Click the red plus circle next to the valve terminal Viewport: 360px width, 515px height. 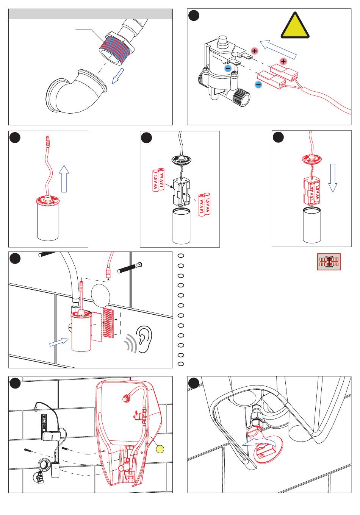[x=254, y=51]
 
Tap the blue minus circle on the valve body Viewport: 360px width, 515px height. [x=227, y=69]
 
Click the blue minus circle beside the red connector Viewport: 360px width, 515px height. [x=258, y=84]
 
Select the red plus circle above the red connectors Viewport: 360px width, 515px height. [x=283, y=61]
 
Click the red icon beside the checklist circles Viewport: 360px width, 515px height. [x=329, y=262]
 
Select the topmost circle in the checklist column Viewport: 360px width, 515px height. [x=181, y=256]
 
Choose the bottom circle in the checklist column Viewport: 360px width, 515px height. [x=181, y=364]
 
